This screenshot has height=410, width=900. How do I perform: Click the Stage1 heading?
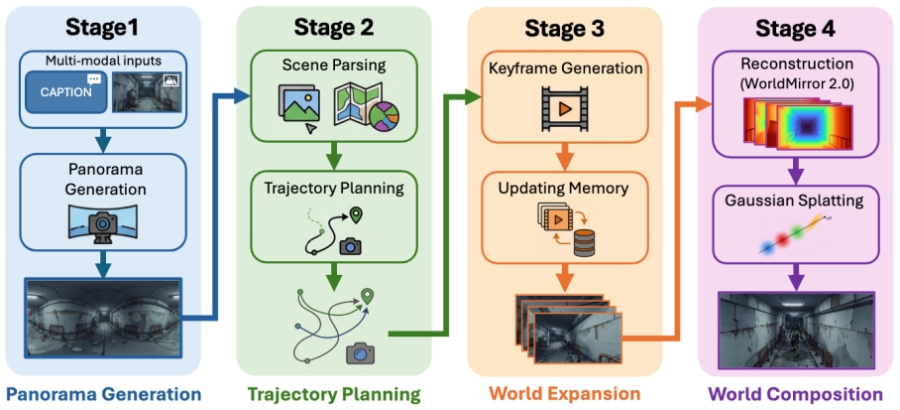102,27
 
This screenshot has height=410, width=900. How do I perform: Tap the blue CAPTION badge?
66,92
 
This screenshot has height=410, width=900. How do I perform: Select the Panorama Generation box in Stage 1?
102,200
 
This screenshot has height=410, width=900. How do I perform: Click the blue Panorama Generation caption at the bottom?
102,394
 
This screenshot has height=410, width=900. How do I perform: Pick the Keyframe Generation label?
566,70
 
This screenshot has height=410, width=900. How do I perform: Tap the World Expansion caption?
566,394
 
